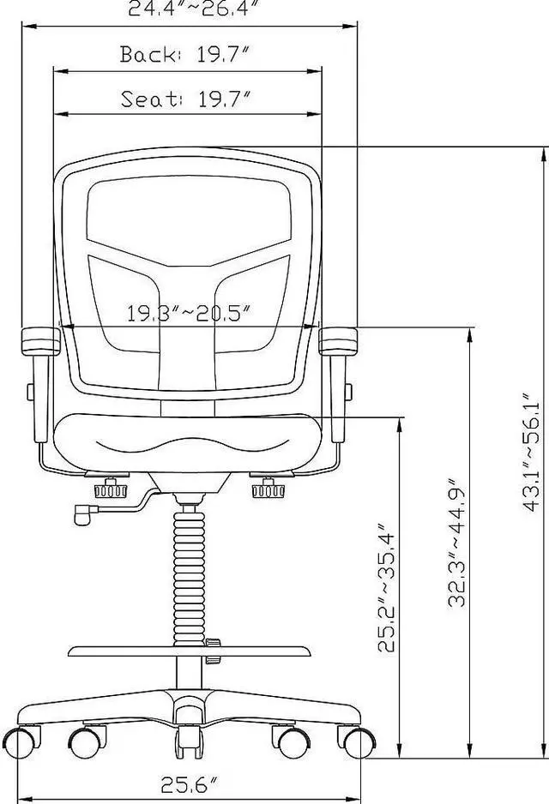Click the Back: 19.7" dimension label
click(x=185, y=56)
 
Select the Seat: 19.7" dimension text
click(x=185, y=99)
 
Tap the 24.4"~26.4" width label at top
click(x=194, y=9)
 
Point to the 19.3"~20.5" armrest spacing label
click(x=189, y=313)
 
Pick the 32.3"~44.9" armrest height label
click(x=456, y=543)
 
